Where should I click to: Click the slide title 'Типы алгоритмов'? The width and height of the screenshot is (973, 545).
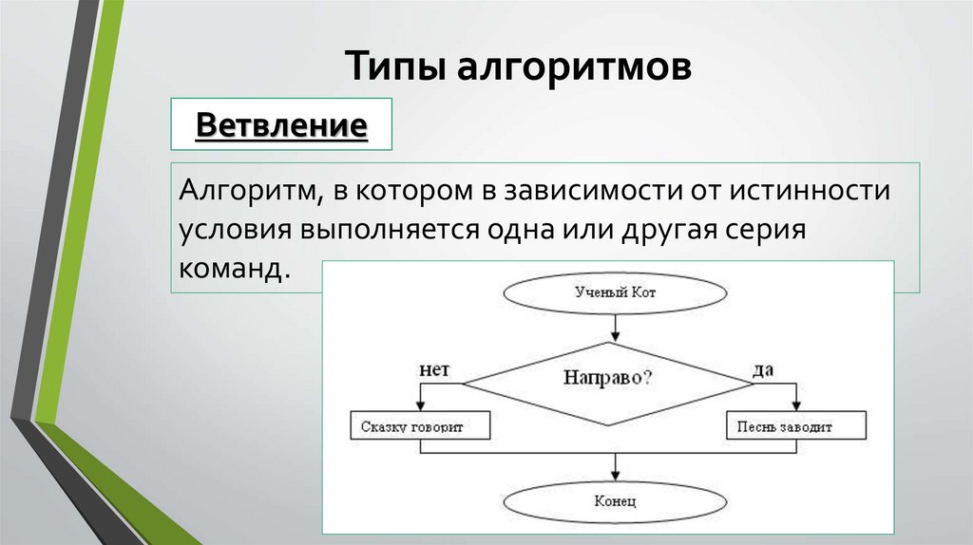[x=518, y=68]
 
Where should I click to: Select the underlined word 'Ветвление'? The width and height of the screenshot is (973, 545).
[x=281, y=124]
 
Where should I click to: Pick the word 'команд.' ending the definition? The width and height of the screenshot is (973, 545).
[x=232, y=270]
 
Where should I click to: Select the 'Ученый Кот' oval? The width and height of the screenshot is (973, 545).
[x=615, y=292]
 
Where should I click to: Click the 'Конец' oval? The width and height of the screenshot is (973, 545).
[x=613, y=499]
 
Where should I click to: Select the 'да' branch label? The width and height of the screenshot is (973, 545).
[x=763, y=369]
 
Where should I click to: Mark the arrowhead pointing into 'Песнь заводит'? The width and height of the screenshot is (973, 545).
[x=797, y=405]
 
